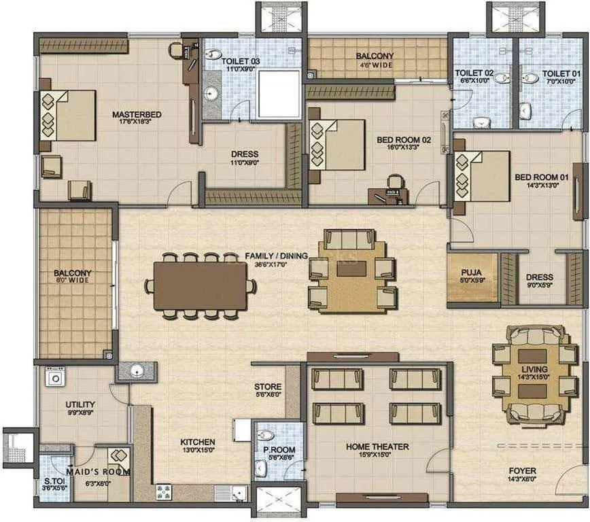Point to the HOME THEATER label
pos(377,447)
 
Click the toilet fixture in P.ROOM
pos(267,436)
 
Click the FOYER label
pos(522,470)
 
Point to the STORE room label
pos(268,386)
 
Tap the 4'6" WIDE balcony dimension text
pos(375,65)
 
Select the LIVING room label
pos(534,369)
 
